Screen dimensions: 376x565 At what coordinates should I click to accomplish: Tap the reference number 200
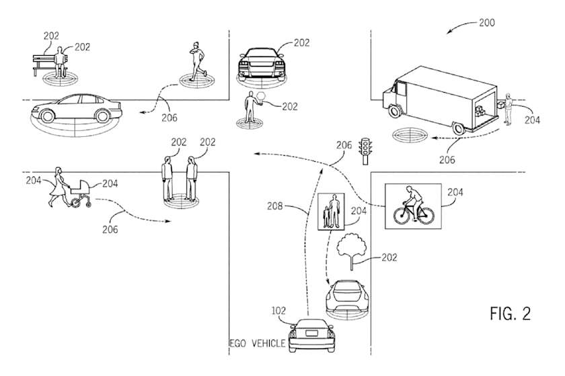click(486, 22)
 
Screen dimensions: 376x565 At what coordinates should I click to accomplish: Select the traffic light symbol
click(366, 150)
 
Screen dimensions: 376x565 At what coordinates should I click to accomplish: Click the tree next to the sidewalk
click(352, 252)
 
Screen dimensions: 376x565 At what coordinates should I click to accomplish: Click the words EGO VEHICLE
click(258, 343)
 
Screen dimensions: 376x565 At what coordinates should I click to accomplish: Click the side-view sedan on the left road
click(75, 108)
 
